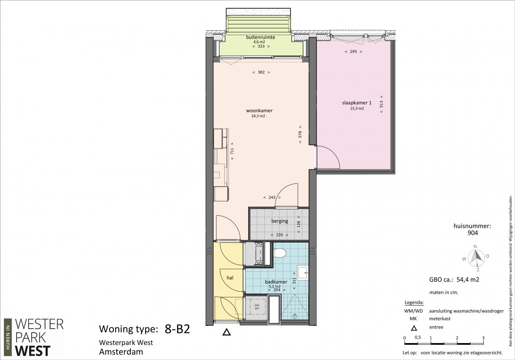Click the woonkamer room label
click(259, 111)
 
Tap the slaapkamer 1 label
click(357, 103)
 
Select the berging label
click(280, 221)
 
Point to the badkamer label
click(276, 282)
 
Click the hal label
click(230, 278)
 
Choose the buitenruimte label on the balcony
click(260, 37)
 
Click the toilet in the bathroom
click(280, 253)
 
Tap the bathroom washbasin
click(303, 273)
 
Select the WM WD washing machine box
click(257, 307)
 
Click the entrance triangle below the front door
click(227, 332)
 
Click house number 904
click(473, 233)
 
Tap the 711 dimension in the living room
click(232, 151)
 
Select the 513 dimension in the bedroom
click(381, 104)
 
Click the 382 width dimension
click(261, 72)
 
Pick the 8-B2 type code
click(177, 329)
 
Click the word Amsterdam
click(121, 352)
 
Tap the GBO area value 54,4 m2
click(468, 280)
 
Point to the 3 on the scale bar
click(483, 338)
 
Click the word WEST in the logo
click(33, 351)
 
